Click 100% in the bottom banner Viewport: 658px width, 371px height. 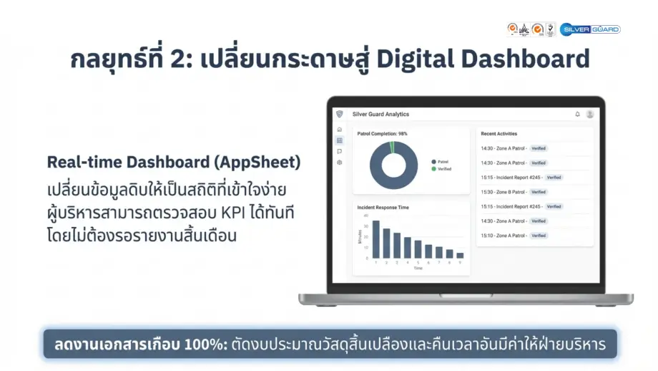(x=200, y=344)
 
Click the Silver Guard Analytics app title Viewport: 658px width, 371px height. (x=380, y=114)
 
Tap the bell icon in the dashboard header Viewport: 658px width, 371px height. (x=577, y=114)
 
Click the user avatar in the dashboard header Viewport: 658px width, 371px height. (x=589, y=114)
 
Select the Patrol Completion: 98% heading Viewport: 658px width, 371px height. (x=383, y=133)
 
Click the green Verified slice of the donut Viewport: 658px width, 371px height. (x=392, y=146)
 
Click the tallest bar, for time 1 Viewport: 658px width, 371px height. (x=375, y=239)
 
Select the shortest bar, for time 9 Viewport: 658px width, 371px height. (x=460, y=255)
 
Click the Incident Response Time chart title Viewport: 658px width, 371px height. (x=383, y=208)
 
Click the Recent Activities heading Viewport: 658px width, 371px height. (x=499, y=134)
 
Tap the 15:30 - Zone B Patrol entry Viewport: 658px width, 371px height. (x=505, y=192)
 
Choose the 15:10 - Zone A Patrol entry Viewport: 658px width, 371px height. (x=505, y=236)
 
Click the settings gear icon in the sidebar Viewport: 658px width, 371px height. (x=339, y=163)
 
